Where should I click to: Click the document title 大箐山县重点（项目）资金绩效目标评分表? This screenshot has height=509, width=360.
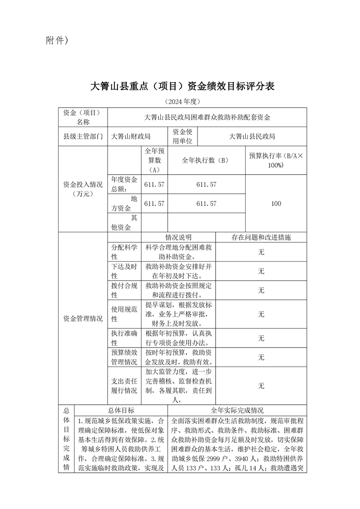182,86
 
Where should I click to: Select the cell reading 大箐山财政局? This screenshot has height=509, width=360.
131,136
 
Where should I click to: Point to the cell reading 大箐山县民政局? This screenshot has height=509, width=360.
252,136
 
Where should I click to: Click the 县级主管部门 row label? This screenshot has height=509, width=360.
83,136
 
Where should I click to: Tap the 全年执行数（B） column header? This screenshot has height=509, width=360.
206,160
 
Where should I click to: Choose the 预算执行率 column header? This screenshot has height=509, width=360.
276,160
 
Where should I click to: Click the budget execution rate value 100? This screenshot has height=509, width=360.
276,204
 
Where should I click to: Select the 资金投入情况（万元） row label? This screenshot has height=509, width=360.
83,189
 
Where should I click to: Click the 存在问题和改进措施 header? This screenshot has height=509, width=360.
261,237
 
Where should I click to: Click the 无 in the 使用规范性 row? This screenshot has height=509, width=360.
261,314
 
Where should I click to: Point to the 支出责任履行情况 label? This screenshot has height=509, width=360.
124,386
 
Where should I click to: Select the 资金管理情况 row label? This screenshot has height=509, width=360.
83,318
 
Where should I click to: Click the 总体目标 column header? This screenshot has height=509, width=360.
121,410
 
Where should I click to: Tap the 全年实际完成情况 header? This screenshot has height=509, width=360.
237,410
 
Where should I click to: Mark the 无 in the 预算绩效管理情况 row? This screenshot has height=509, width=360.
261,357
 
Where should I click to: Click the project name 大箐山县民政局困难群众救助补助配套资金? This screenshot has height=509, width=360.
207,117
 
